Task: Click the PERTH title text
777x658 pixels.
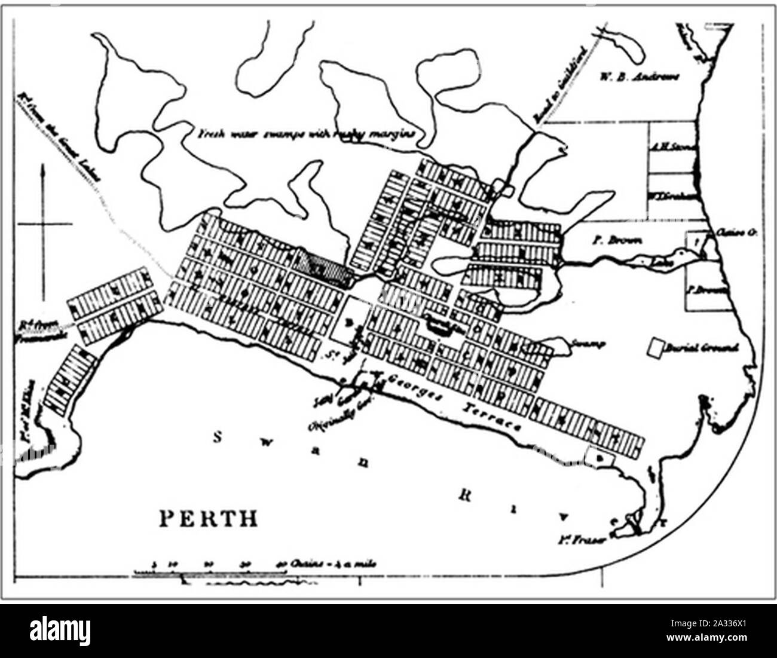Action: click(209, 518)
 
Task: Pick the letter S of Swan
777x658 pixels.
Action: click(219, 438)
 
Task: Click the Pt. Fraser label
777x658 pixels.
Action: click(591, 540)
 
